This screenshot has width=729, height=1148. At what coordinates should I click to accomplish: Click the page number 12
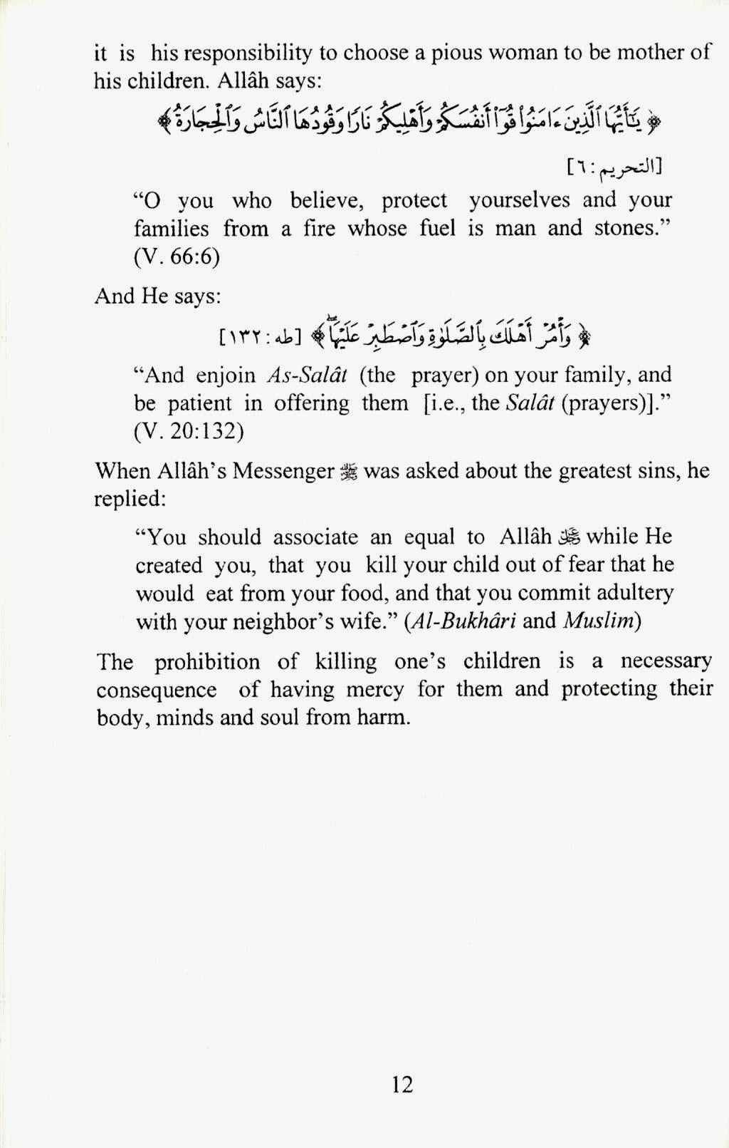402,1084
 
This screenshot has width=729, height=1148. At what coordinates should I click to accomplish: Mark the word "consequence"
157,690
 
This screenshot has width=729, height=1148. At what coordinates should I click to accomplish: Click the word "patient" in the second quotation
200,403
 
